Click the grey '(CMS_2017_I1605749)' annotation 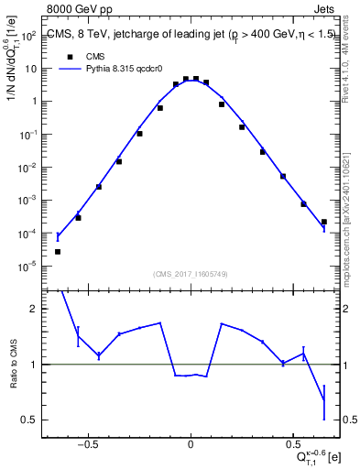(191, 274)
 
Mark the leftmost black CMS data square (58, 251)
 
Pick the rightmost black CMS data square (324, 222)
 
